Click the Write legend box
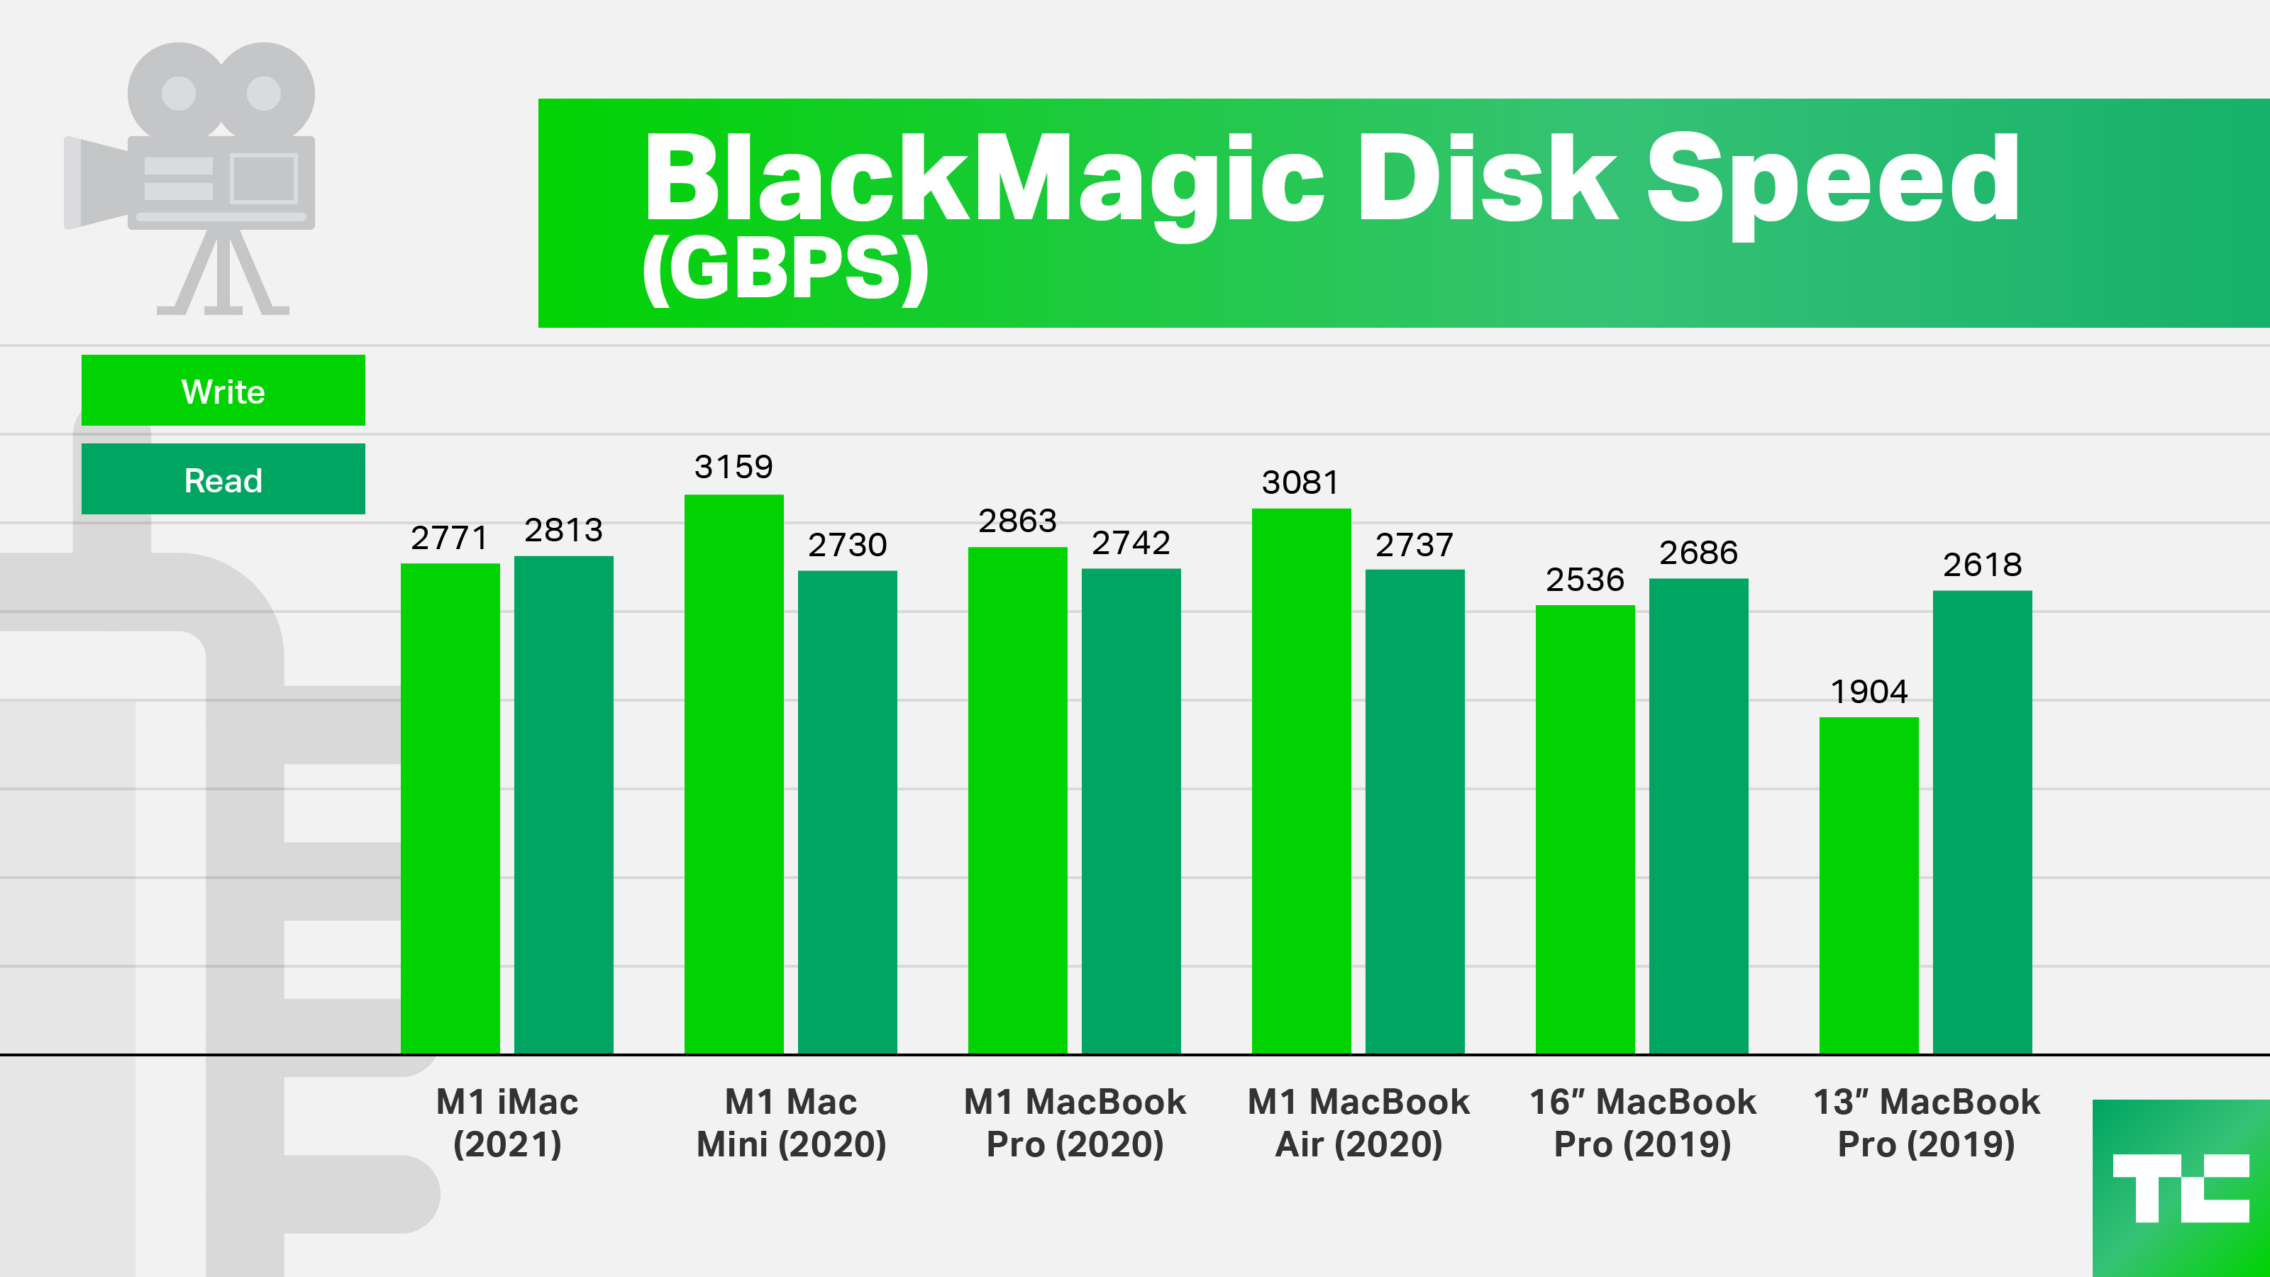223,390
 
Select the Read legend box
223,480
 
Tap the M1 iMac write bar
450,808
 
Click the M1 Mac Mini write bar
734,774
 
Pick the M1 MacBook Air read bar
1414,811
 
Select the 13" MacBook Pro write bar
1868,885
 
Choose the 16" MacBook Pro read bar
1698,815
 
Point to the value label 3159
733,466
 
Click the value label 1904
1868,692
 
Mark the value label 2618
1982,564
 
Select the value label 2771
450,538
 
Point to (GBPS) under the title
785,269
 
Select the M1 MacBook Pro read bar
1131,811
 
